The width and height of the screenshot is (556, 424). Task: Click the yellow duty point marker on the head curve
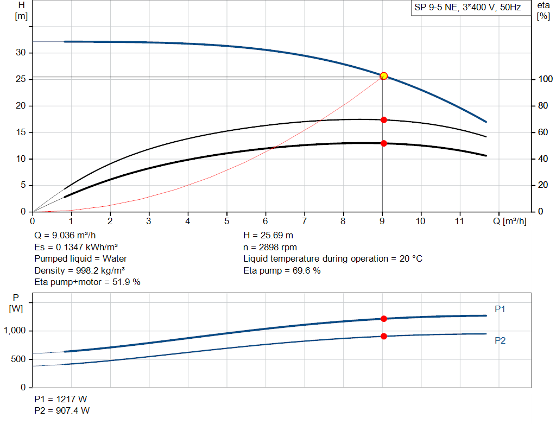click(383, 76)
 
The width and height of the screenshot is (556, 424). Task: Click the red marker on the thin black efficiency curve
click(383, 119)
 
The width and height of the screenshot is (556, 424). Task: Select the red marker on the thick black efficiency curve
click(383, 143)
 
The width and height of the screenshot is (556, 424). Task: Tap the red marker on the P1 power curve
click(383, 319)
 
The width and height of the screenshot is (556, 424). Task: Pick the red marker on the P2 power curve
click(383, 336)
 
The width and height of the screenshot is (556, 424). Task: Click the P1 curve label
click(500, 309)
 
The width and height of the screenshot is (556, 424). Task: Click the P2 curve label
click(500, 340)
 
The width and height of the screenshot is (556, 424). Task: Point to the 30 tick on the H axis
click(21, 53)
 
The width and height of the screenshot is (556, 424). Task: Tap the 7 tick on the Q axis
click(304, 221)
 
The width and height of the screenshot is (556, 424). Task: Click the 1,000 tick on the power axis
click(15, 331)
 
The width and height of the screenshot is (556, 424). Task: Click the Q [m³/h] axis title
click(509, 221)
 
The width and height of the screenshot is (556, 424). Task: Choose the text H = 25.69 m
click(268, 236)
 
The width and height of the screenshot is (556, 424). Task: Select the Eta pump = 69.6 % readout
click(282, 270)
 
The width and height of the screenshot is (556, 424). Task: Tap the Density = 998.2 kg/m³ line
click(76, 270)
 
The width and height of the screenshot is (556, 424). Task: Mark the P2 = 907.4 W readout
click(62, 410)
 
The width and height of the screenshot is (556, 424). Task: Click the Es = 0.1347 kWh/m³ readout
click(76, 247)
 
